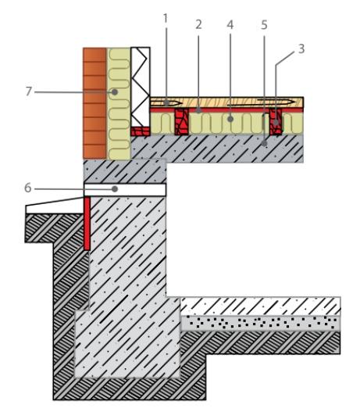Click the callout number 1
tap(165, 19)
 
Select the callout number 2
tap(198, 24)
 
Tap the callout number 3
tap(301, 49)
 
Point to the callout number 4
tap(230, 25)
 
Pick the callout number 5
tap(264, 25)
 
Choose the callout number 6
tap(28, 188)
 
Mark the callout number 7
tap(29, 91)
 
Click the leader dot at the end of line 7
tap(114, 92)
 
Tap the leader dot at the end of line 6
tap(115, 189)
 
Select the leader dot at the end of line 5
tap(264, 143)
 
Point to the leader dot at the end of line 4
tap(230, 119)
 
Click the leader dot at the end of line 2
tap(198, 110)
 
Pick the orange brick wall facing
tap(94, 103)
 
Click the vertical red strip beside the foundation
tap(87, 224)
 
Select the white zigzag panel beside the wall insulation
tap(141, 87)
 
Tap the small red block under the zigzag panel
tap(141, 131)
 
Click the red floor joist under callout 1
tap(182, 122)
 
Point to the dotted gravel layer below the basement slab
tap(261, 323)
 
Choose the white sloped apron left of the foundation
tap(55, 206)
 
